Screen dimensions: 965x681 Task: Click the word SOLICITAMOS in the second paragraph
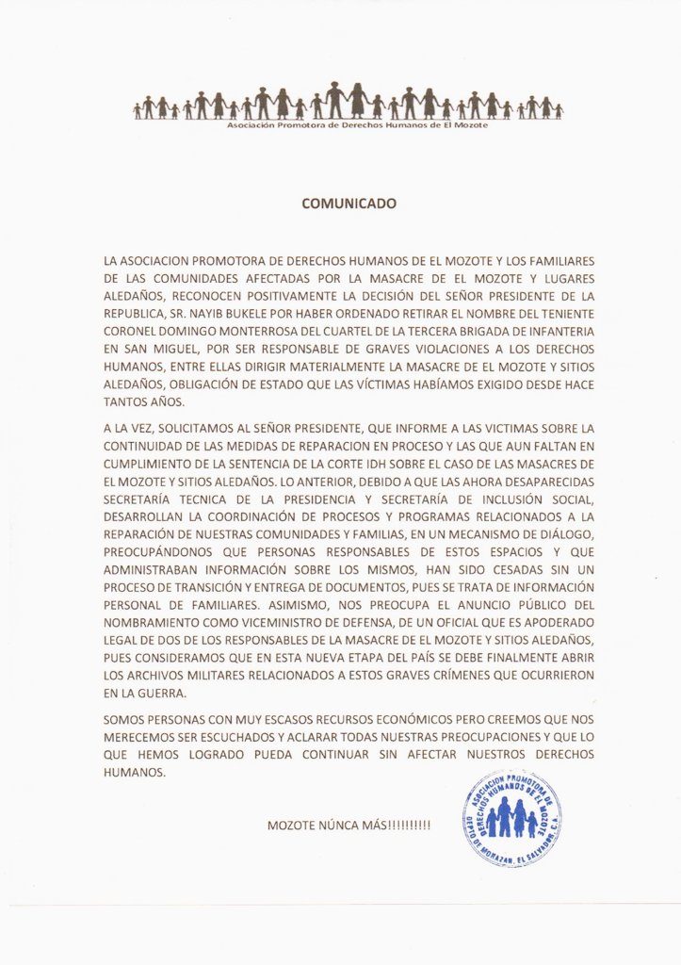coord(204,428)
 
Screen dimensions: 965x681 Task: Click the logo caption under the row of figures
coord(358,124)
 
